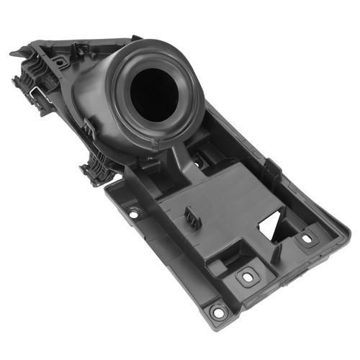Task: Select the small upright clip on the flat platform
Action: [x=191, y=217]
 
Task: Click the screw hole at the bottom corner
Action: [x=216, y=311]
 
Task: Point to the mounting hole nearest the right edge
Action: [x=307, y=237]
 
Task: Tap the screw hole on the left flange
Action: [x=133, y=213]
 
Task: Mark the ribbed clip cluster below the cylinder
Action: [x=97, y=169]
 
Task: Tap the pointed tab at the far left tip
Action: [x=16, y=52]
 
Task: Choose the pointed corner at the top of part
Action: [x=136, y=35]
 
